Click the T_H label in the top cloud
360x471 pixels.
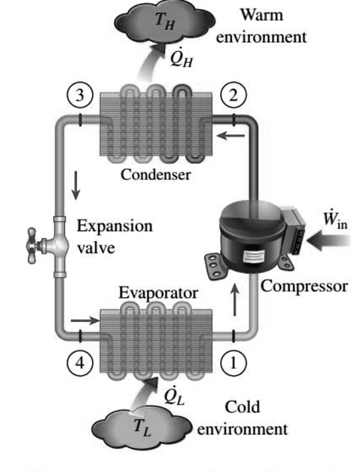click(162, 21)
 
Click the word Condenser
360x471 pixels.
click(156, 175)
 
